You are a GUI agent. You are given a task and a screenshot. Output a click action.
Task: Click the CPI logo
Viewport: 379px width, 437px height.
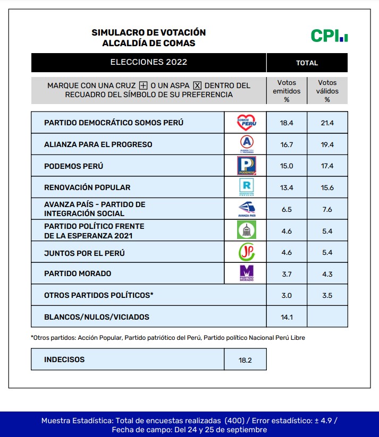point(329,36)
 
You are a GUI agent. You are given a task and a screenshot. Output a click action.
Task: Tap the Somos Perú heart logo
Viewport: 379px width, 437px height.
point(246,123)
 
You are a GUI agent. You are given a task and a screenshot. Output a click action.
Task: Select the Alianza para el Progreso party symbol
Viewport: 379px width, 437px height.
point(246,144)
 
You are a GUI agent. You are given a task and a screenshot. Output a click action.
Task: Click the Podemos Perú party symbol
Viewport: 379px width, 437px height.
point(246,166)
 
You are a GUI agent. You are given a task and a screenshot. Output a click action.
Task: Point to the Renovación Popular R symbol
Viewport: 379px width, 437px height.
point(246,187)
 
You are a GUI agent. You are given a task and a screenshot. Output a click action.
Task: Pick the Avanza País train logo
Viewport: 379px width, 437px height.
point(246,209)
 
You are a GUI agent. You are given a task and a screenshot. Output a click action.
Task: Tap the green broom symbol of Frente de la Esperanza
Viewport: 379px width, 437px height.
point(246,230)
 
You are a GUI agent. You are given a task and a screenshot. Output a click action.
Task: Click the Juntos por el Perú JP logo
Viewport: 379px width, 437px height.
point(246,252)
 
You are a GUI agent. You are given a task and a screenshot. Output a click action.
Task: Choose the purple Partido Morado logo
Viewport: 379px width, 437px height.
point(246,273)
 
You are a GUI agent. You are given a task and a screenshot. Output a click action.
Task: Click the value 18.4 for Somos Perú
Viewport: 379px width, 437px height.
point(287,123)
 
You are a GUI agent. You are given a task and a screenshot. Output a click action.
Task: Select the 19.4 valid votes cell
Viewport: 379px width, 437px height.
point(327,144)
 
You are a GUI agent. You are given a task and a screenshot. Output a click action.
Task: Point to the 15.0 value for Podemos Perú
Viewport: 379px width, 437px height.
point(287,166)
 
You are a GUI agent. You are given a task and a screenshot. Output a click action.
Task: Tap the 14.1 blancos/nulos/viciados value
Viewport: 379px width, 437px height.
point(287,317)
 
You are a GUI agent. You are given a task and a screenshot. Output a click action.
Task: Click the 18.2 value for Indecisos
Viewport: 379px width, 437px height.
point(245,360)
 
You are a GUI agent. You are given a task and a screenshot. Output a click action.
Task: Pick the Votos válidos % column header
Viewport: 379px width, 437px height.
point(327,91)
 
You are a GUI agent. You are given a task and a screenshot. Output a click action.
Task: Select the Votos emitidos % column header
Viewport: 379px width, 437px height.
point(287,91)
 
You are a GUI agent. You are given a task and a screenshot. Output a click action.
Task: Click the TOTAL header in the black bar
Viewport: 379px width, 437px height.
point(307,63)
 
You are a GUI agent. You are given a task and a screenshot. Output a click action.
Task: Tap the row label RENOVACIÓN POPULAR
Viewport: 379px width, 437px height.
point(87,187)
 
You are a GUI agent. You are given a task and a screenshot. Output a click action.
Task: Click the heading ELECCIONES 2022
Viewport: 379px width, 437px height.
point(149,62)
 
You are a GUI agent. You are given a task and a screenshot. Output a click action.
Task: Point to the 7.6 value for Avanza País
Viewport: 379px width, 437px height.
point(327,209)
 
